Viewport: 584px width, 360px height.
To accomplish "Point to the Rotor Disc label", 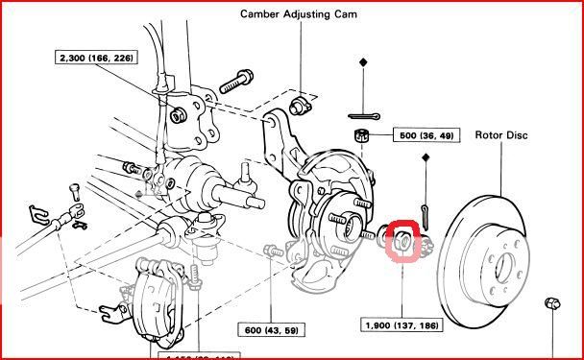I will pyautogui.click(x=501, y=134).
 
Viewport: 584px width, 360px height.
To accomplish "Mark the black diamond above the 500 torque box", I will pyautogui.click(x=364, y=62).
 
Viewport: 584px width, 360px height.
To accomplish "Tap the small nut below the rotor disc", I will pyautogui.click(x=552, y=303).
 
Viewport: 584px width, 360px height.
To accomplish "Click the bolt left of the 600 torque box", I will pyautogui.click(x=273, y=252).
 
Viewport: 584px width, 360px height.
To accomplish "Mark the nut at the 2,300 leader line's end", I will pyautogui.click(x=178, y=116).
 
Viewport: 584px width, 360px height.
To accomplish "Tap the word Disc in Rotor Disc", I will pyautogui.click(x=517, y=134).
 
